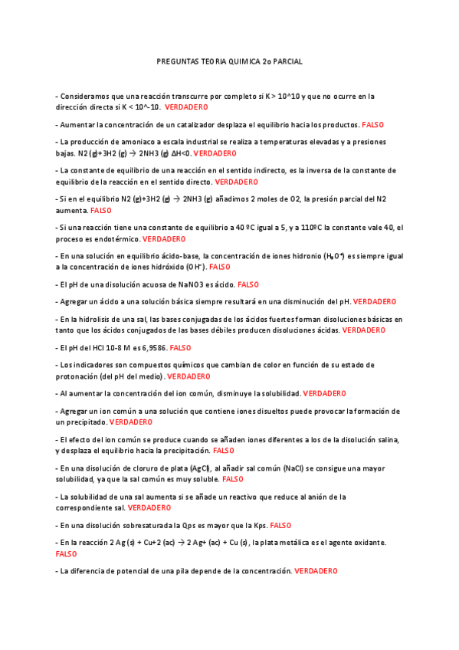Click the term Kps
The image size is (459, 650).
257,525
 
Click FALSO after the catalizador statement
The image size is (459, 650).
373,124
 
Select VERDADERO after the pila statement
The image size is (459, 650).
316,571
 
